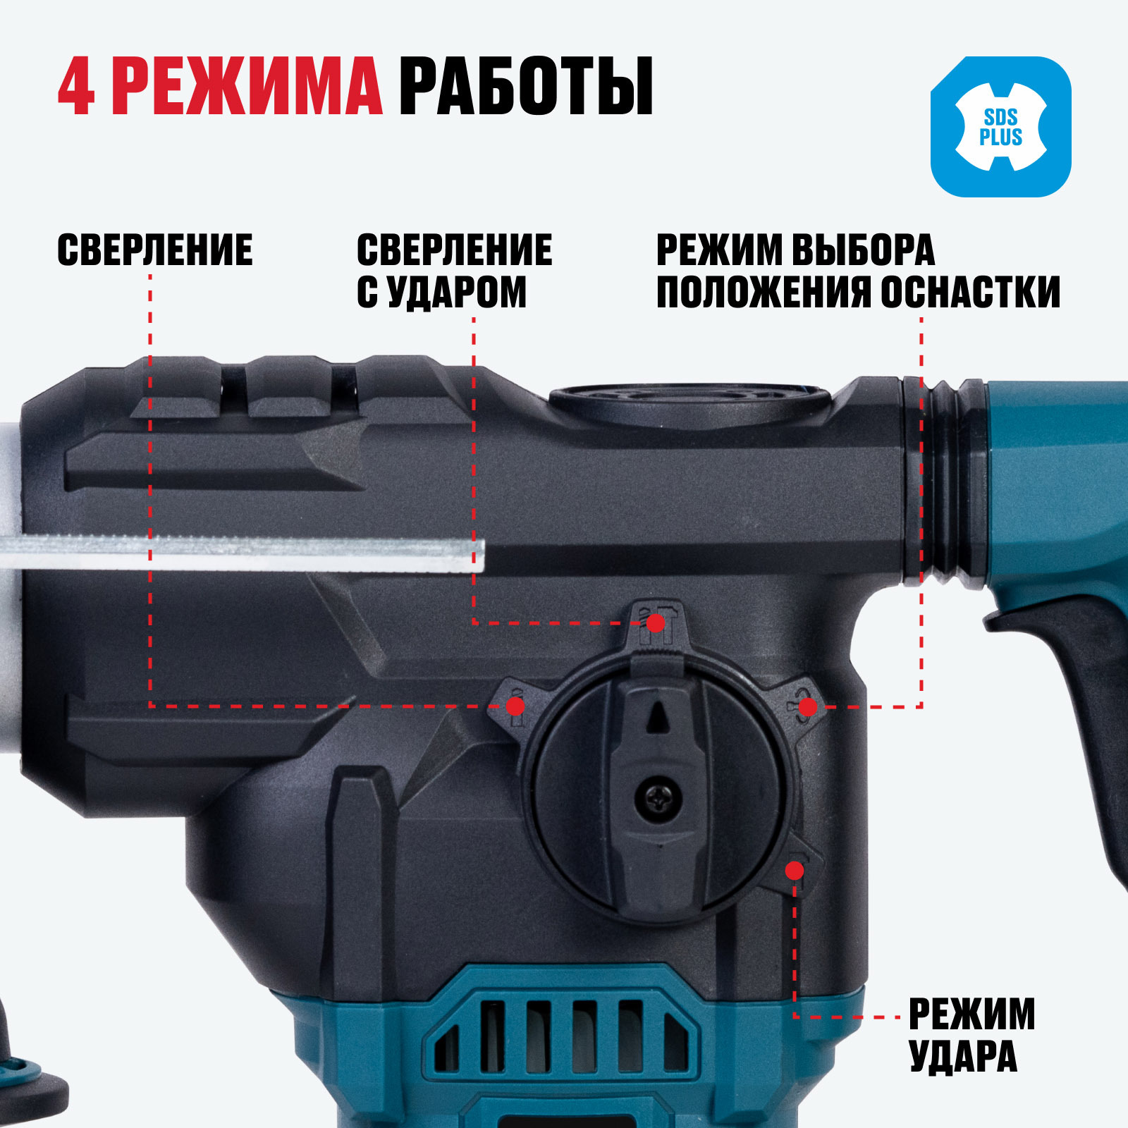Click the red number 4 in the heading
76,87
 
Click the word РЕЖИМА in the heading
247,87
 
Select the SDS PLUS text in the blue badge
1000,127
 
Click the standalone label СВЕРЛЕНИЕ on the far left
154,250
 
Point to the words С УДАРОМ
441,292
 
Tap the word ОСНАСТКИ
971,292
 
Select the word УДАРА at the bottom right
963,1055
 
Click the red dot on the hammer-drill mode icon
656,623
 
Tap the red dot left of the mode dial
515,706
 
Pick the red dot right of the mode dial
808,706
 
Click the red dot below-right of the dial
795,871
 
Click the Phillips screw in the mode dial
658,799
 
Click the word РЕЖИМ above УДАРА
971,1014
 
